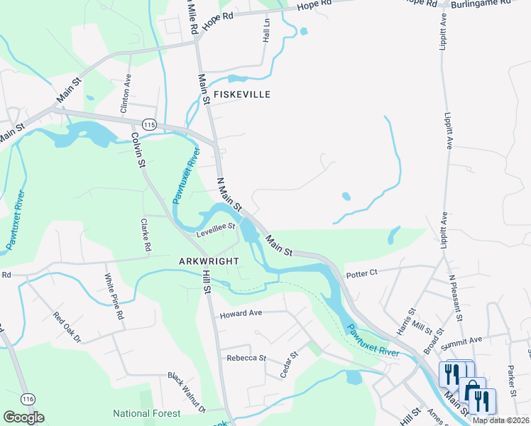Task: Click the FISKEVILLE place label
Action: pyautogui.click(x=241, y=94)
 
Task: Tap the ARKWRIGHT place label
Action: pyautogui.click(x=209, y=261)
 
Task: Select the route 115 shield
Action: pyautogui.click(x=148, y=124)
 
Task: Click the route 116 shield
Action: pyautogui.click(x=28, y=397)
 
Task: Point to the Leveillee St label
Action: pyautogui.click(x=216, y=227)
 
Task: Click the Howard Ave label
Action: pyautogui.click(x=241, y=314)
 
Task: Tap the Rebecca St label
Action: pyautogui.click(x=246, y=358)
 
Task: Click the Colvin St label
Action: pyautogui.click(x=138, y=148)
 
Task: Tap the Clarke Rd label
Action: pyautogui.click(x=146, y=236)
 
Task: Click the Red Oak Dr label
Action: pyautogui.click(x=69, y=331)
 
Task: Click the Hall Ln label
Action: pyautogui.click(x=267, y=30)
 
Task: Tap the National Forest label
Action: pyautogui.click(x=147, y=413)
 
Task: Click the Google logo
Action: pyautogui.click(x=23, y=417)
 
